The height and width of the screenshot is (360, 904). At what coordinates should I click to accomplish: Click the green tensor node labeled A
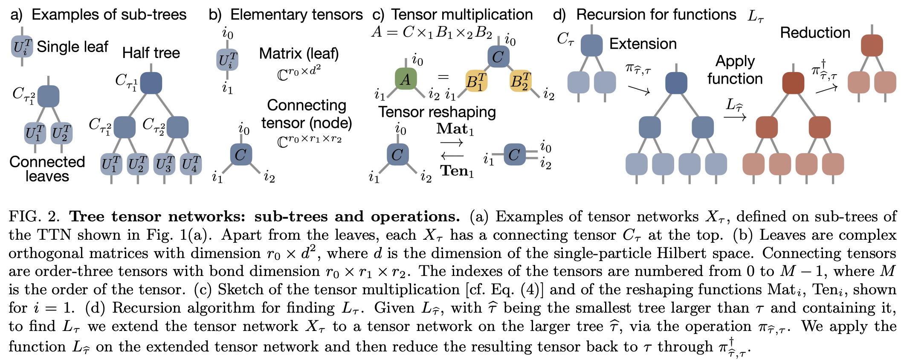406,79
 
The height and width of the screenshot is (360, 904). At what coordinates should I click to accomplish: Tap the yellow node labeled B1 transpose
476,81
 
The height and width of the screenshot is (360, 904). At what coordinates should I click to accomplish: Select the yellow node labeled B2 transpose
520,81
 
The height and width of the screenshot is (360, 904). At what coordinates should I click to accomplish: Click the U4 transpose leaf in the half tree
191,164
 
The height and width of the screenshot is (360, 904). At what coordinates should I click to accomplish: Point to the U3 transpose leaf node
164,164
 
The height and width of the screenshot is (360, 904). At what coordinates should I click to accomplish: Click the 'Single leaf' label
72,46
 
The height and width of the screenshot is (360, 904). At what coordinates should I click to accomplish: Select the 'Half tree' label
151,53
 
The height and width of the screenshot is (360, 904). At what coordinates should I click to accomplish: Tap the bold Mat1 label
455,129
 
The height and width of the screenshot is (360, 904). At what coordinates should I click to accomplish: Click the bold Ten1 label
457,171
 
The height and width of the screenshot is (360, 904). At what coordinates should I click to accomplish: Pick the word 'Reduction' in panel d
815,33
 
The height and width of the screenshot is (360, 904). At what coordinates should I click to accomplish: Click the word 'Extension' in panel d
643,44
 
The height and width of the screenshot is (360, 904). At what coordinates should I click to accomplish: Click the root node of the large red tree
793,83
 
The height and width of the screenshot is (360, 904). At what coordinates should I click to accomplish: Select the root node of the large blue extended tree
676,83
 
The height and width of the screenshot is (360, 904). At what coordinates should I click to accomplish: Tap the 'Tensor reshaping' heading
437,112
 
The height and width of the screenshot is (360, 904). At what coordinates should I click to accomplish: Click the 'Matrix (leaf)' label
299,54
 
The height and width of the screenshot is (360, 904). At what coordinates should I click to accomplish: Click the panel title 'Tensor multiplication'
462,15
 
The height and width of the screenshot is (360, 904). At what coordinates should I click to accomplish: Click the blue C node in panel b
240,154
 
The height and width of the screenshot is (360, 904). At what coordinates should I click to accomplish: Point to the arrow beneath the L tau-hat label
735,117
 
